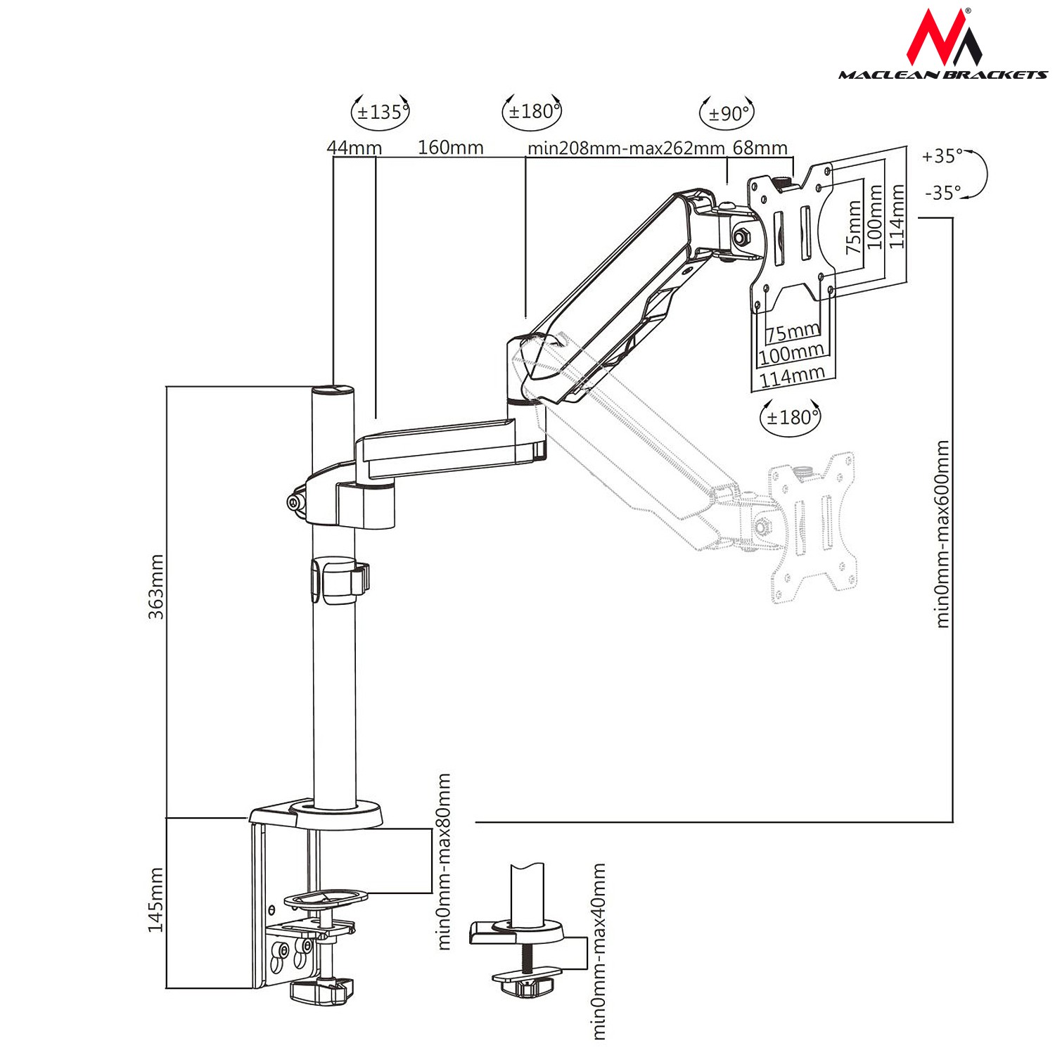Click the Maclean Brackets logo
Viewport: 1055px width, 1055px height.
point(942,46)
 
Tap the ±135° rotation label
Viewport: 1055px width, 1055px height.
point(380,113)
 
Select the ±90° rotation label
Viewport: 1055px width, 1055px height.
point(727,113)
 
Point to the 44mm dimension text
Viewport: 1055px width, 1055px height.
point(354,148)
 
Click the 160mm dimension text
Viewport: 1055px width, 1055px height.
point(451,148)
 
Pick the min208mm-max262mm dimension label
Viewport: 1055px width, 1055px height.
point(626,148)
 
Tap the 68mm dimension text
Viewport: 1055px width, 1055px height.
point(760,148)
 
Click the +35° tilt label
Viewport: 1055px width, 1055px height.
point(942,156)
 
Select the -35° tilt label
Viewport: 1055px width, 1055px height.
point(942,192)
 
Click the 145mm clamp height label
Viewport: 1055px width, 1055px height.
point(156,900)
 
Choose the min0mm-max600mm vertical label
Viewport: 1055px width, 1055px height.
point(942,535)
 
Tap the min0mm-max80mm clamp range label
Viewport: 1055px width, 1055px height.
point(444,862)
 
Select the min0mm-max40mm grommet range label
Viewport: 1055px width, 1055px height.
point(599,951)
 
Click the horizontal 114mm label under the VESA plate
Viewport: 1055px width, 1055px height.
point(792,377)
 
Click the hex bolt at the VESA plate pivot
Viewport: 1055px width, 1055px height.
point(741,236)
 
